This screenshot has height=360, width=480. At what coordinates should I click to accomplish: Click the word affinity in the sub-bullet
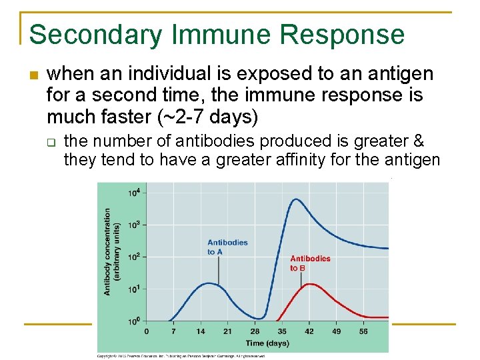[317, 159]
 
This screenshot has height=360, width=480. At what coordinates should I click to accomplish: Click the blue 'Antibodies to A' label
[227, 247]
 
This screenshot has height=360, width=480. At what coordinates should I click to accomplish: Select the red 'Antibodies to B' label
[309, 263]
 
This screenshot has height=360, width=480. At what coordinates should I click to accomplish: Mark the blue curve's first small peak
[209, 283]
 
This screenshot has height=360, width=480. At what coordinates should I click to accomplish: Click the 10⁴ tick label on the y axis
[133, 193]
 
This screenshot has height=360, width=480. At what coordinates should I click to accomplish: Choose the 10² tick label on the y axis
[133, 257]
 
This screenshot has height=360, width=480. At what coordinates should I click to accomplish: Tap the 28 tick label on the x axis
[255, 331]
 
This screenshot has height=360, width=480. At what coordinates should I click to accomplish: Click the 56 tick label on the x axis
[363, 331]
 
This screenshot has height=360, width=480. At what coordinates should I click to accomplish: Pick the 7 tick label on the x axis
[173, 331]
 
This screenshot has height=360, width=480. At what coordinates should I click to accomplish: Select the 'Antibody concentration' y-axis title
[108, 251]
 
